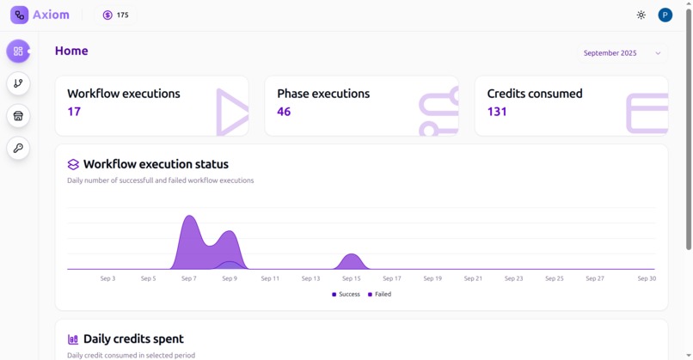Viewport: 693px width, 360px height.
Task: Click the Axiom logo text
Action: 51,15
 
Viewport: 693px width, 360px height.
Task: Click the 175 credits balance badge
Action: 115,15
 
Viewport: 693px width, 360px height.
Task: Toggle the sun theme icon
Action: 641,15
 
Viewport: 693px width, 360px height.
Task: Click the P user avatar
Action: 665,15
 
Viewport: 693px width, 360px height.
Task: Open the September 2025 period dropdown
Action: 622,53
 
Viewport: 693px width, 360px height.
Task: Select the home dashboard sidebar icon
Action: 18,52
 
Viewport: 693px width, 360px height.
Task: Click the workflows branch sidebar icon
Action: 18,83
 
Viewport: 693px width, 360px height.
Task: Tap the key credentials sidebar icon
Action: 18,149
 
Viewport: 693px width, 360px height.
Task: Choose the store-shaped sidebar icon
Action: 18,116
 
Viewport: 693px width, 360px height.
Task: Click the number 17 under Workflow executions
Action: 74,112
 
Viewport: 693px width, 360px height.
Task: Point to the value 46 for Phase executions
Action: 284,112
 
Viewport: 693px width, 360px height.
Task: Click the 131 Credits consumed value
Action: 497,112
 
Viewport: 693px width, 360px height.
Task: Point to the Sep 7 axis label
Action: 189,278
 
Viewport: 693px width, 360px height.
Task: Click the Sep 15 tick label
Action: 351,278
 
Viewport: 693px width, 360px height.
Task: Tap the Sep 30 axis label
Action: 646,278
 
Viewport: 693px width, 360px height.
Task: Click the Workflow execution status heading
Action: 156,164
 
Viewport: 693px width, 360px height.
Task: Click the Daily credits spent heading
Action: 133,339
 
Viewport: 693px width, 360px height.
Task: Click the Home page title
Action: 71,52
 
